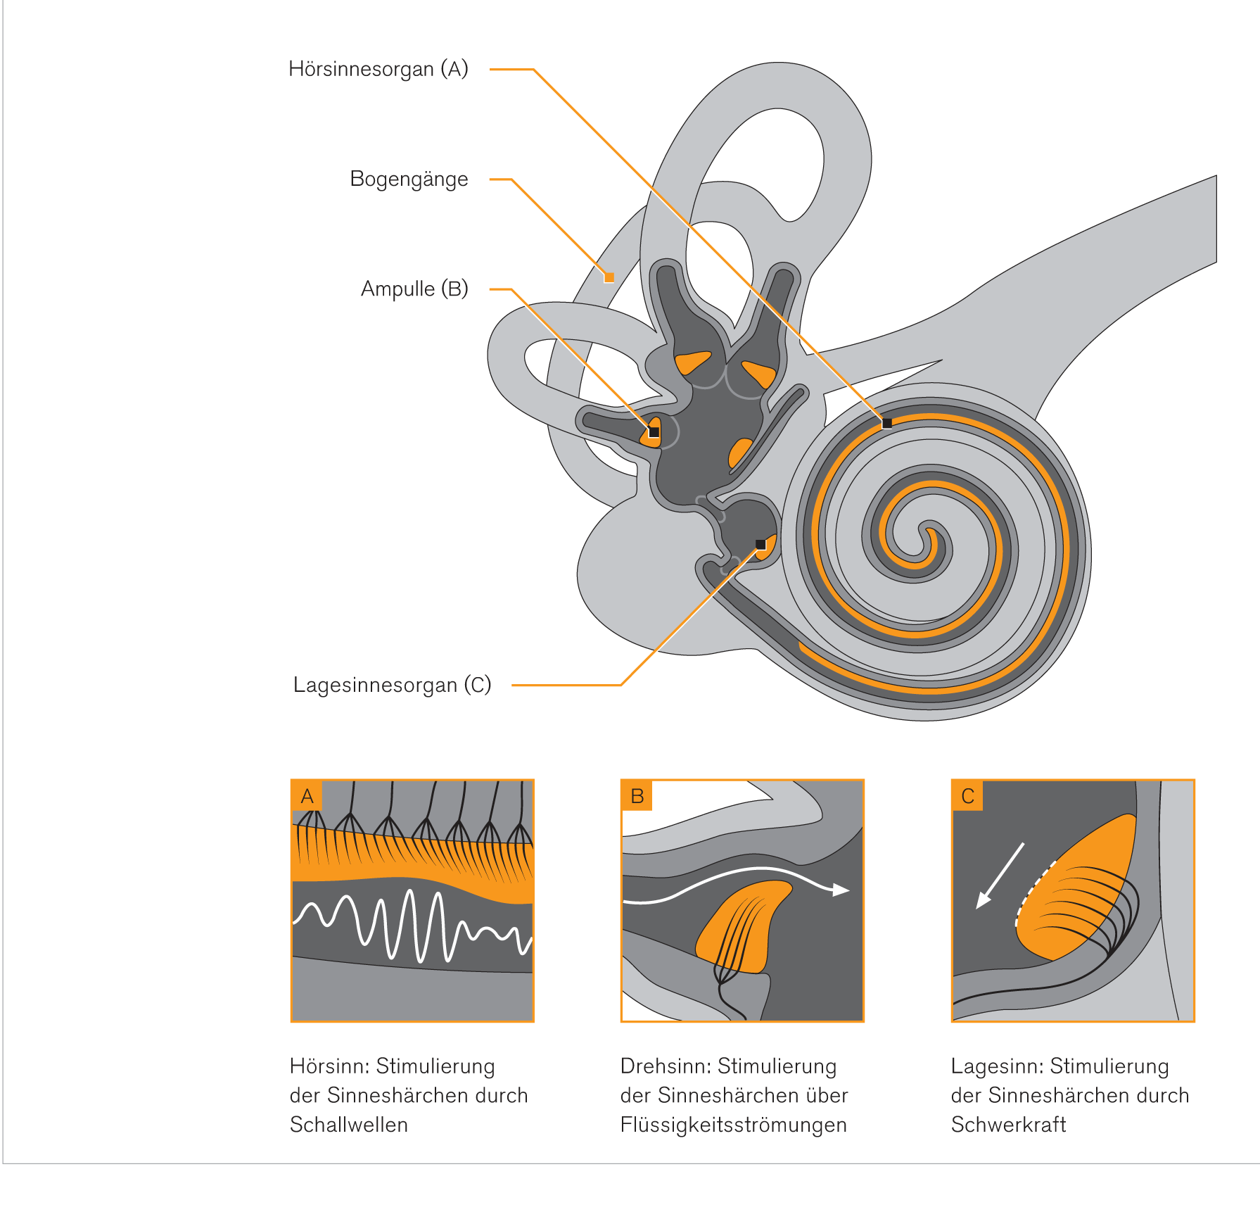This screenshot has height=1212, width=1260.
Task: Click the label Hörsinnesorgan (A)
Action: (378, 69)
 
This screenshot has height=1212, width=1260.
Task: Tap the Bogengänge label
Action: (409, 179)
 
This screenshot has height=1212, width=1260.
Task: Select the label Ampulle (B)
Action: (414, 289)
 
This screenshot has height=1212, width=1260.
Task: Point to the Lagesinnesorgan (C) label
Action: (392, 685)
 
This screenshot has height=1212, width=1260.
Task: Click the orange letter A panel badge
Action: (307, 796)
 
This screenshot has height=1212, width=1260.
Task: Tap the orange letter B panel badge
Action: (637, 796)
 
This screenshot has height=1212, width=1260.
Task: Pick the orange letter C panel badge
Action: (968, 796)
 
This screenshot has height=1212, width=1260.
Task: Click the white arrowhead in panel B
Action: (841, 890)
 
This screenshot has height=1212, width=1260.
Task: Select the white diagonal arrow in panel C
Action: (1000, 876)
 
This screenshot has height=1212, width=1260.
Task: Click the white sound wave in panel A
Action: (412, 926)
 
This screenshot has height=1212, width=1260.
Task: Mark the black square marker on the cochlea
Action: (887, 423)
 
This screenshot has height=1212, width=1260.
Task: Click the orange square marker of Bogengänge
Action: (609, 277)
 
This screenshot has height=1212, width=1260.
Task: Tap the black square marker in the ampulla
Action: (654, 432)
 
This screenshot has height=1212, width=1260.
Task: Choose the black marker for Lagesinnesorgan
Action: (761, 544)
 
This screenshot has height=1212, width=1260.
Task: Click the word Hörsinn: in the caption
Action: (329, 1066)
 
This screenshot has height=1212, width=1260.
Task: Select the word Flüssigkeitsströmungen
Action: (733, 1125)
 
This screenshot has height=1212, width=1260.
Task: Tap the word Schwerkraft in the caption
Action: (1008, 1125)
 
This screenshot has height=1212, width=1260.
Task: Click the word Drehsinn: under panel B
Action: (666, 1066)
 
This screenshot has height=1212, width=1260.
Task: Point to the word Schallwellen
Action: (348, 1125)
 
